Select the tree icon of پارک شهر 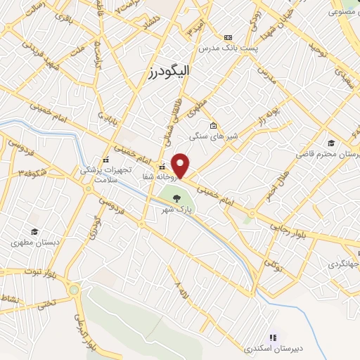(x=176, y=198)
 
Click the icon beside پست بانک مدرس (x=227, y=37)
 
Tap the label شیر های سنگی (x=210, y=137)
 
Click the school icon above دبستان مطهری (x=33, y=231)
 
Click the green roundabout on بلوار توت (x=74, y=289)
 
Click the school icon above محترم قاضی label (x=330, y=142)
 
